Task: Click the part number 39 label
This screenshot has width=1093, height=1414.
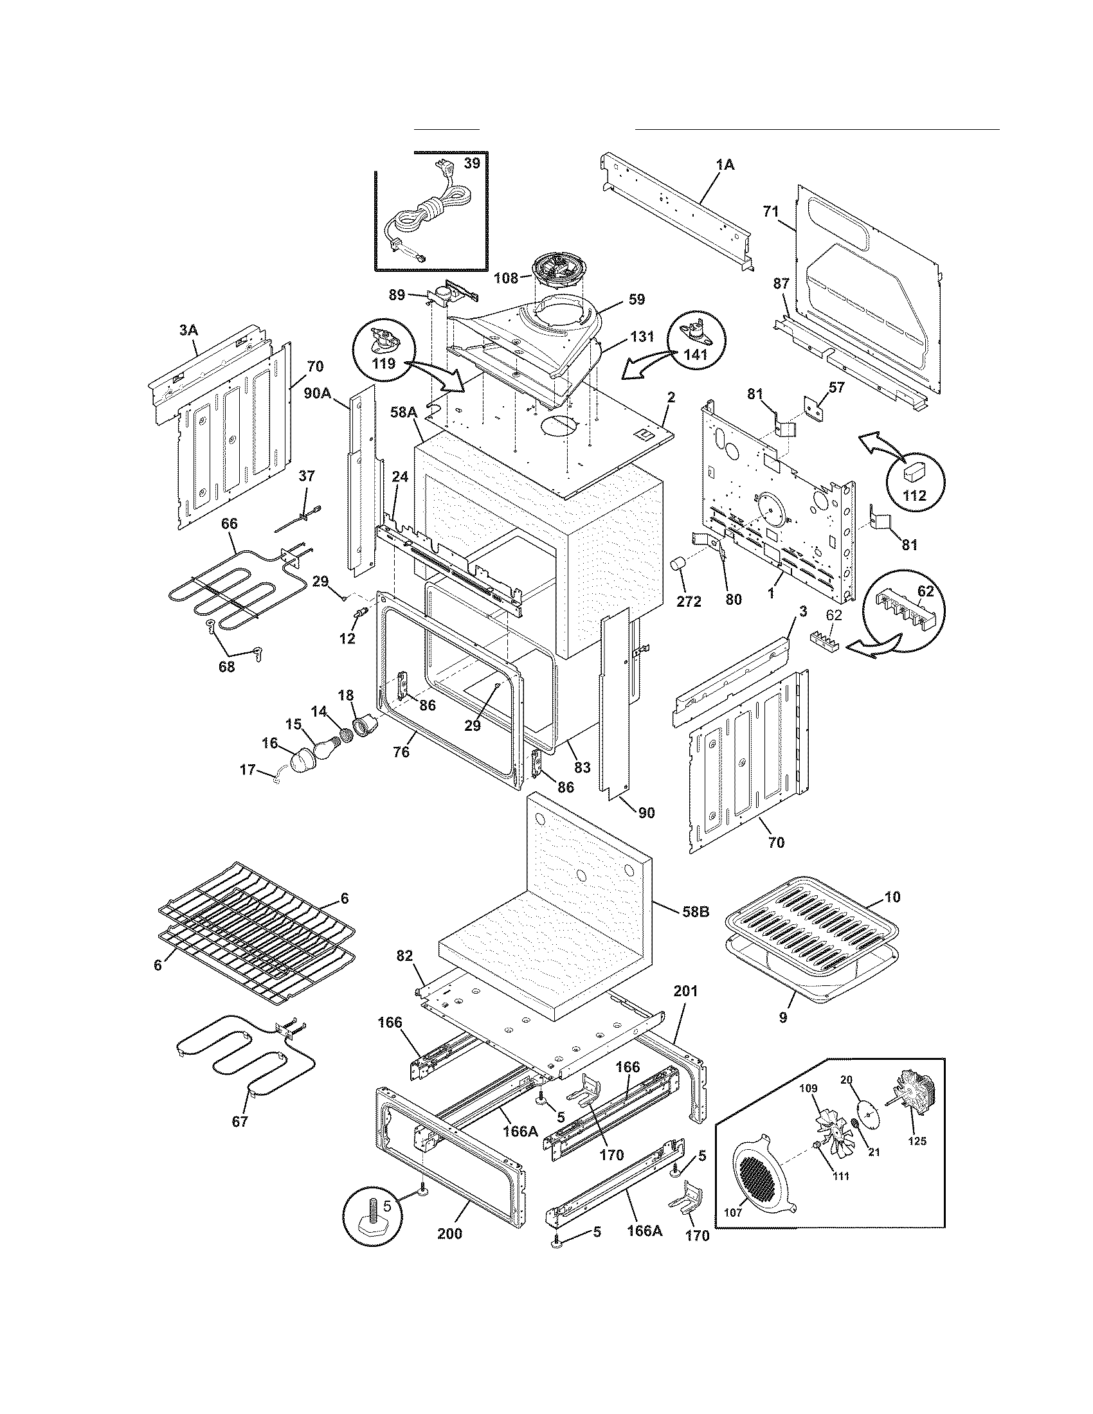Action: click(472, 164)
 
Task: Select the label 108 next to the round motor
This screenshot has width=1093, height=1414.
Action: click(505, 278)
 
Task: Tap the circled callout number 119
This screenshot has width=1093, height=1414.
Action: click(383, 363)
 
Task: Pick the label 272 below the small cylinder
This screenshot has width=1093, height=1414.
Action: click(689, 601)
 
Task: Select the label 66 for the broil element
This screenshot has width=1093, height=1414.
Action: click(230, 523)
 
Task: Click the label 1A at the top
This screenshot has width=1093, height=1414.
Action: click(725, 165)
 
